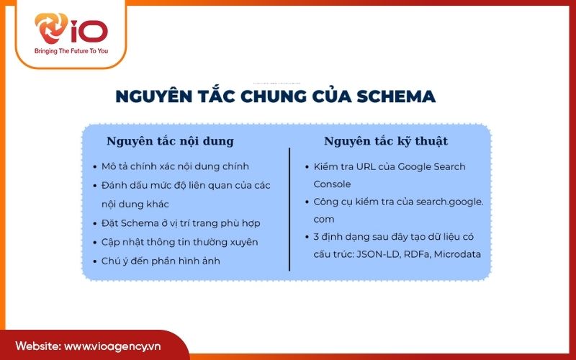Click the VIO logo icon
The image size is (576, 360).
[x=53, y=30]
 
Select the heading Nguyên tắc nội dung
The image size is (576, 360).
[x=170, y=140]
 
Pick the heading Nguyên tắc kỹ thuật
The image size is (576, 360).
[x=386, y=140]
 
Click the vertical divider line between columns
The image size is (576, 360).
[x=289, y=209]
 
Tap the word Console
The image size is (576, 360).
[x=332, y=184]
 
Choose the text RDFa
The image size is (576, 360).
[x=423, y=253]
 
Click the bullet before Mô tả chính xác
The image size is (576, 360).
[x=95, y=167]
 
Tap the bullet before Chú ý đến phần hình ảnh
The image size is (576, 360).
[x=95, y=261]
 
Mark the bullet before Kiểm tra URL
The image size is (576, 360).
[x=307, y=167]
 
